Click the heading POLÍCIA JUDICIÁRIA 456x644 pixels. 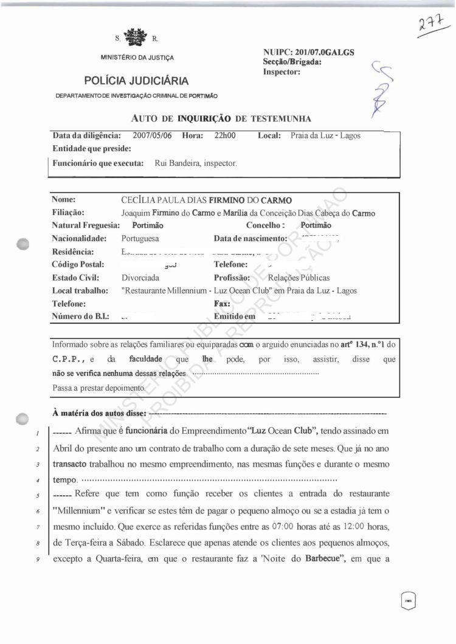coord(136,81)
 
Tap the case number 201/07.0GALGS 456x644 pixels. coord(325,52)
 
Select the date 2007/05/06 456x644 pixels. coord(153,135)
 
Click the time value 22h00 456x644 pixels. coord(225,135)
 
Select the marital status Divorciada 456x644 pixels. coord(140,278)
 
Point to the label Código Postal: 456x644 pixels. coord(78,264)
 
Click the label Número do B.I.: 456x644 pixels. coord(81,316)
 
